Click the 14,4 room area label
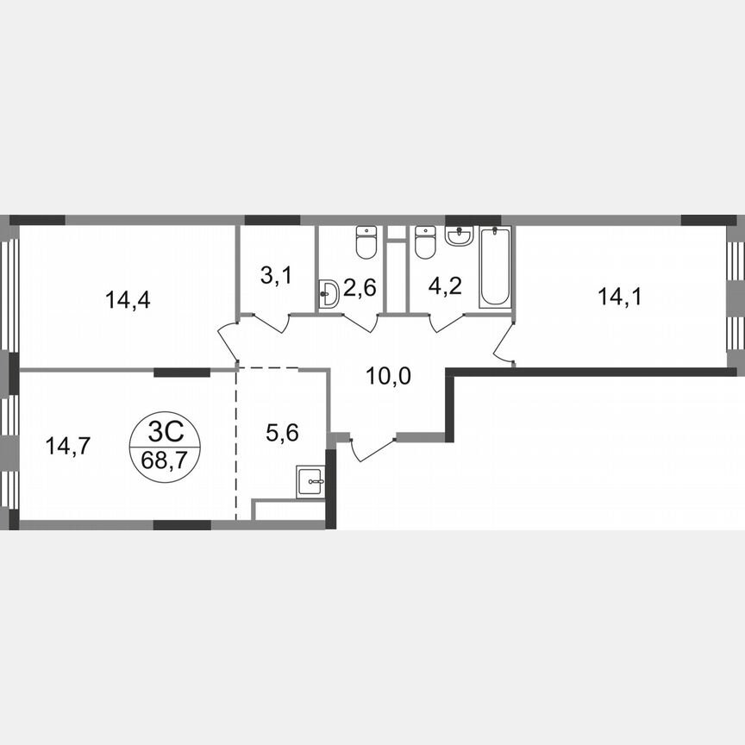click(122, 300)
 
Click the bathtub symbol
click(495, 266)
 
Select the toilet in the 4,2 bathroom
click(424, 242)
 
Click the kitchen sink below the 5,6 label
click(310, 481)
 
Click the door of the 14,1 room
click(504, 341)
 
